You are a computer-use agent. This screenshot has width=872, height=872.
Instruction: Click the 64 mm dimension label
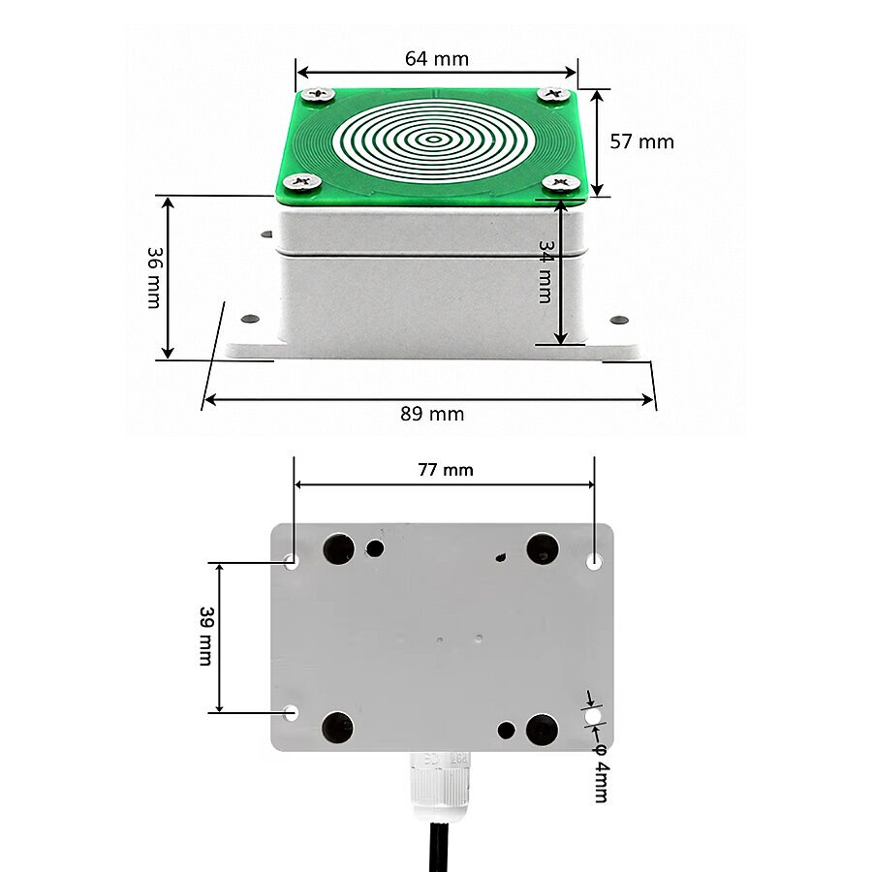(x=437, y=58)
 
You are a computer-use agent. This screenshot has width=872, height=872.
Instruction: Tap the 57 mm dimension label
(x=641, y=141)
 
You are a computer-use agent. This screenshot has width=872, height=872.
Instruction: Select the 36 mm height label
(x=154, y=277)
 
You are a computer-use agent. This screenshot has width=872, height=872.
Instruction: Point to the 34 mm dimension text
(x=545, y=272)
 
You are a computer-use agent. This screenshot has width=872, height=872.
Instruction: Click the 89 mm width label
(x=432, y=414)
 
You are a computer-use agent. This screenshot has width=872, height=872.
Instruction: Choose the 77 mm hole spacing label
(x=446, y=470)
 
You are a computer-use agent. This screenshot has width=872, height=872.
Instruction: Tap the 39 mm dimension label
(x=206, y=637)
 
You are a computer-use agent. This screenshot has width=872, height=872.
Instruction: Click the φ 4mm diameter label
(x=601, y=773)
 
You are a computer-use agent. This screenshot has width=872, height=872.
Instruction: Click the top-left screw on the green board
(x=318, y=94)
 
